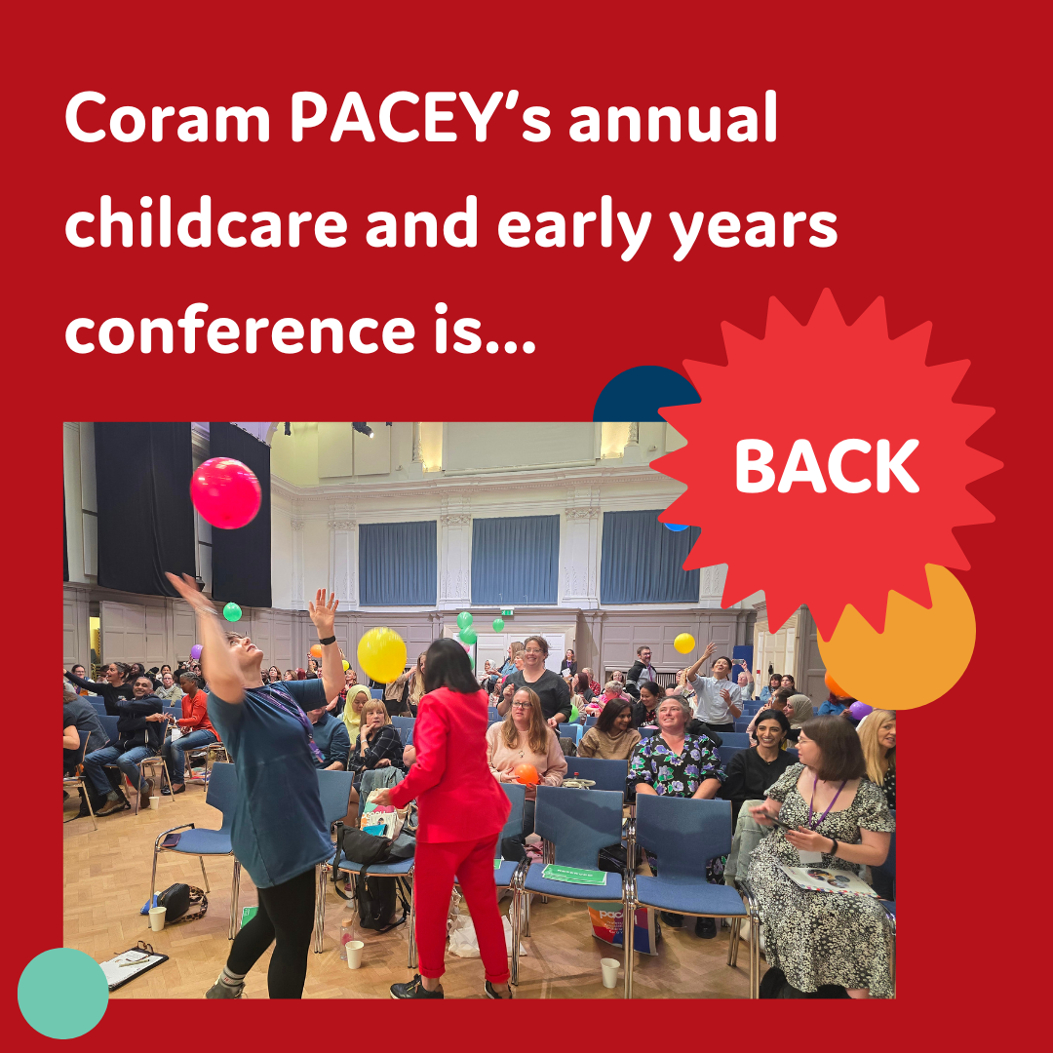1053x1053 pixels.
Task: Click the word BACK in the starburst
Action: click(x=827, y=467)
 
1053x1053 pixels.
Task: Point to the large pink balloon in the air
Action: click(x=225, y=493)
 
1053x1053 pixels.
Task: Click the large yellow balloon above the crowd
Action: click(x=381, y=655)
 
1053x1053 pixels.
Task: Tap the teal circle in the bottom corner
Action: click(x=62, y=993)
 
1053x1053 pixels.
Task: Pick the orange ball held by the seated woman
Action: click(x=526, y=773)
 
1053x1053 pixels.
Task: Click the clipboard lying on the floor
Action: click(x=133, y=965)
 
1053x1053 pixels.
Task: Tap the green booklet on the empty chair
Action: click(x=573, y=875)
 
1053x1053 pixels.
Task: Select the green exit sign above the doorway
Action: click(x=507, y=611)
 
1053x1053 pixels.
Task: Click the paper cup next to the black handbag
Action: click(x=157, y=918)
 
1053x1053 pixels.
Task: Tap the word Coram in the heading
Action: click(x=168, y=118)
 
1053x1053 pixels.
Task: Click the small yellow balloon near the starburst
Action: click(x=684, y=643)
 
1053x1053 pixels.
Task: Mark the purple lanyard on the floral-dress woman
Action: click(x=825, y=803)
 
